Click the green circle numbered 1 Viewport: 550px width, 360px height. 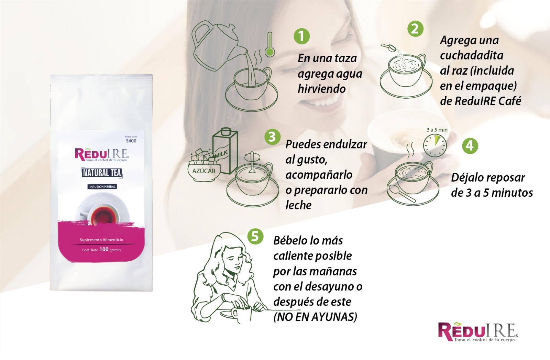point(301,36)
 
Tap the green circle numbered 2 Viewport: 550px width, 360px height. point(415,29)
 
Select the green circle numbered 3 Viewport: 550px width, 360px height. point(272,137)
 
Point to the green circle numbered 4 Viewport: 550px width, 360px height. point(470,146)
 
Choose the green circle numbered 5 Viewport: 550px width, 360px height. point(255,237)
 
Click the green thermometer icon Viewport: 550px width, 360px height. point(270,45)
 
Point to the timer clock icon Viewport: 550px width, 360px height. point(435,145)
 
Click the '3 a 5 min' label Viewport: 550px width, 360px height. point(437,130)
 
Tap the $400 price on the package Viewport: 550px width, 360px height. point(131,141)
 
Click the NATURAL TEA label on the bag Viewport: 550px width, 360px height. point(102,173)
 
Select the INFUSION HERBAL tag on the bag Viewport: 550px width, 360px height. point(102,187)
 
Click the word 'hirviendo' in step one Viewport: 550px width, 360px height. point(322,89)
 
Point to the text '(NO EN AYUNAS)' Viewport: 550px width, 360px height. point(315,317)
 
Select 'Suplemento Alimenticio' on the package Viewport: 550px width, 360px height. point(101,240)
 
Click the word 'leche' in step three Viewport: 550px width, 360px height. point(298,205)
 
